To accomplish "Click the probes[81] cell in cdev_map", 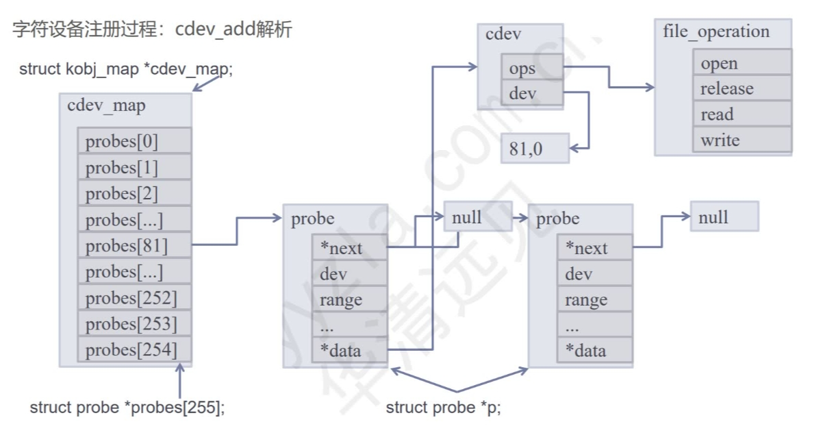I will click(134, 245).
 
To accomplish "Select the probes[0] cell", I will click(134, 142).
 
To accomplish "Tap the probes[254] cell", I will click(134, 349).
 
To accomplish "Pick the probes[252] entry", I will click(134, 298).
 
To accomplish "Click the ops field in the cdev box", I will click(531, 69).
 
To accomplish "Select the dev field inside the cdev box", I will click(531, 94).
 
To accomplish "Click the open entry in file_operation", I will click(742, 63).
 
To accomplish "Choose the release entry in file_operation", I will click(742, 88).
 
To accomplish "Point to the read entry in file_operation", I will click(742, 114).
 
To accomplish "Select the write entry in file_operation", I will click(742, 140).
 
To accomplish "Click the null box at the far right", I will click(724, 217).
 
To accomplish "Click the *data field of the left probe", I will click(349, 351).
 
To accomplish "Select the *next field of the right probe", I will click(594, 248).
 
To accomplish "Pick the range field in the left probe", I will click(349, 300).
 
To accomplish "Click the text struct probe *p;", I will click(443, 408).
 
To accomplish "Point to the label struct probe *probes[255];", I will click(127, 408).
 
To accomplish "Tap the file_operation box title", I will click(716, 32).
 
